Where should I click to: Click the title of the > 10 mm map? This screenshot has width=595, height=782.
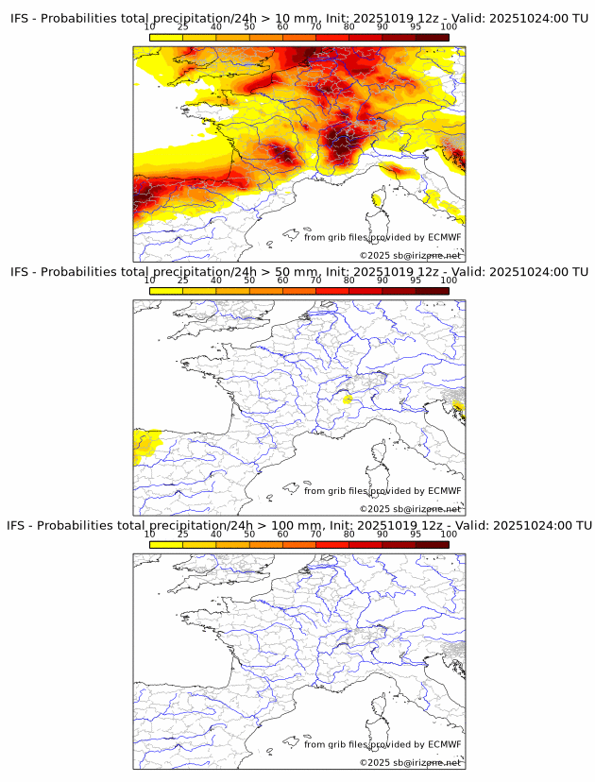click(x=299, y=19)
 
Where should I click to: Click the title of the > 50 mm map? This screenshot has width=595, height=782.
click(x=299, y=272)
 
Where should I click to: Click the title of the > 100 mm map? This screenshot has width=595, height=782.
click(x=299, y=525)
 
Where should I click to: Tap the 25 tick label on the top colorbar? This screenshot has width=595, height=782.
click(x=183, y=26)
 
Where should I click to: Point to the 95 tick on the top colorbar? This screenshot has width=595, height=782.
click(x=416, y=26)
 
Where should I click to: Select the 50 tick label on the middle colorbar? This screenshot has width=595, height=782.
click(x=249, y=280)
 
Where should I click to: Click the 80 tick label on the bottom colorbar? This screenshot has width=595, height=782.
click(x=349, y=534)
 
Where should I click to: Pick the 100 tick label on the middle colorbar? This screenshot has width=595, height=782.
click(x=449, y=280)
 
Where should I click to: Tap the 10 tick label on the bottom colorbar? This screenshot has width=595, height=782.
click(x=150, y=534)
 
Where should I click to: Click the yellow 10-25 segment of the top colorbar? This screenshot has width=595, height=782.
click(x=166, y=37)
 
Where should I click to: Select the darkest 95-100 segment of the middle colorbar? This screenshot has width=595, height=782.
click(x=432, y=291)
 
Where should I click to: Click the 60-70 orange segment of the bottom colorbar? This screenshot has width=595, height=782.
click(x=299, y=544)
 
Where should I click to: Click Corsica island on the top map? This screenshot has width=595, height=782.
click(x=380, y=199)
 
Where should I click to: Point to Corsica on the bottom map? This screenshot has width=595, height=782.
click(x=380, y=706)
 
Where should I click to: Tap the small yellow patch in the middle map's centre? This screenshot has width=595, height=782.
click(x=348, y=399)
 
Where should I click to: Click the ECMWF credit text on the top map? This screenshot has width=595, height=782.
click(x=382, y=237)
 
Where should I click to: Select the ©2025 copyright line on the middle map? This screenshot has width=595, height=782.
click(x=410, y=509)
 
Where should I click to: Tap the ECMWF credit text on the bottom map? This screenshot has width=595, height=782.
click(x=382, y=744)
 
